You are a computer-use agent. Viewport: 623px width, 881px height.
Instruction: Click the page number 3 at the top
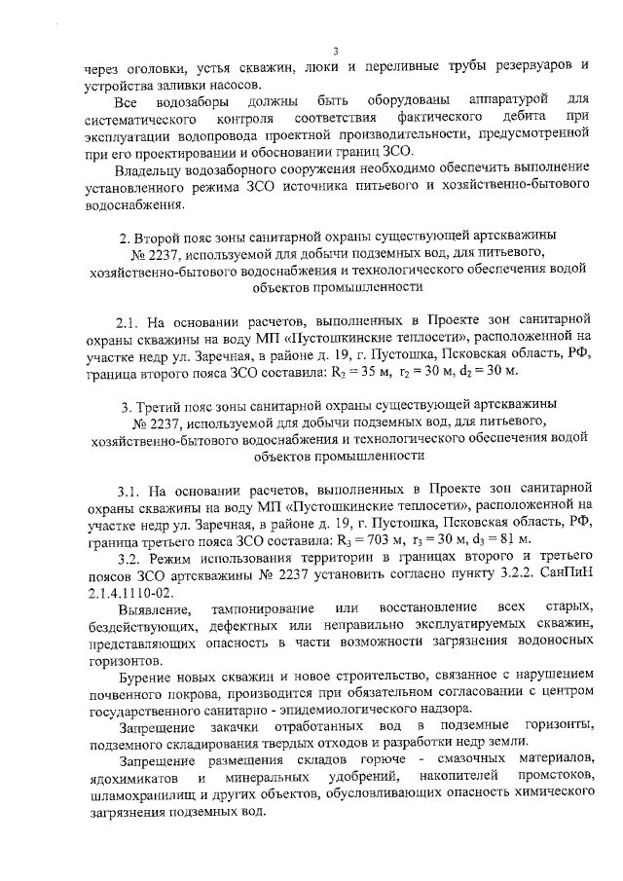[x=334, y=52]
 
